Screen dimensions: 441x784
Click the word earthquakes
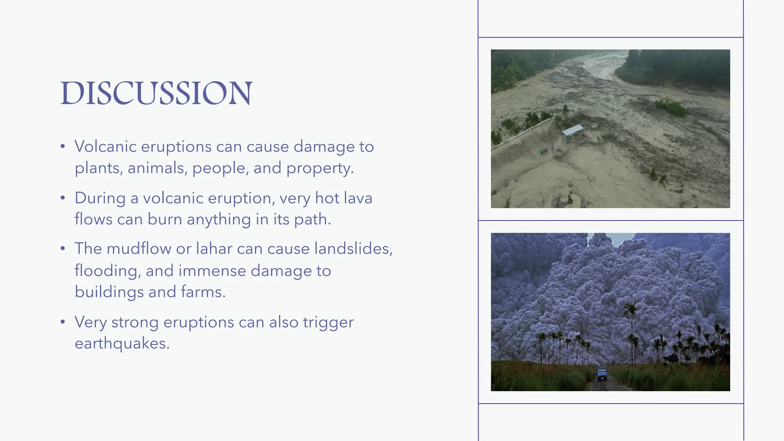click(x=121, y=343)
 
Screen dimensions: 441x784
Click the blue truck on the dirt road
click(x=602, y=374)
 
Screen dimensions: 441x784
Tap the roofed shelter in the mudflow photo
click(x=573, y=131)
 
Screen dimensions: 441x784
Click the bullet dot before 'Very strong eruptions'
click(x=63, y=322)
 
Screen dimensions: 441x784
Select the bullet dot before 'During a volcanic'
click(x=63, y=198)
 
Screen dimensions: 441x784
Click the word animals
click(x=157, y=168)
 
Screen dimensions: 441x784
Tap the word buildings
click(x=109, y=292)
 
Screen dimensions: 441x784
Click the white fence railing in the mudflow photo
click(x=521, y=133)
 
